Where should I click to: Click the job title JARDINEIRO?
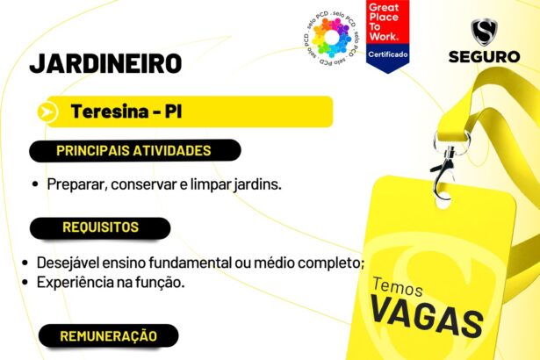pyautogui.click(x=105, y=63)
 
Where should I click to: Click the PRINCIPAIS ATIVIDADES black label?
pyautogui.click(x=133, y=150)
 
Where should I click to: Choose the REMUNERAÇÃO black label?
pyautogui.click(x=108, y=336)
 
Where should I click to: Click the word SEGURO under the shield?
pyautogui.click(x=484, y=57)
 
